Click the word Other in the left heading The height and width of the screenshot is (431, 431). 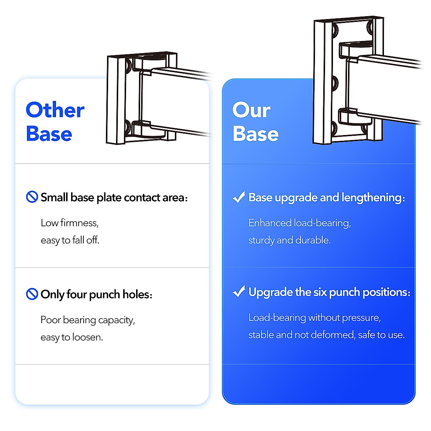pyautogui.click(x=55, y=110)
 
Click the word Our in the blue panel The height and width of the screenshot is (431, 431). pyautogui.click(x=251, y=110)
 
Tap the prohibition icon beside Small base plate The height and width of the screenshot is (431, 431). pyautogui.click(x=32, y=197)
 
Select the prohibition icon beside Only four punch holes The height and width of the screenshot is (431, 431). pyautogui.click(x=32, y=294)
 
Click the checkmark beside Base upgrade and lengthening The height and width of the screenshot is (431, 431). pyautogui.click(x=239, y=197)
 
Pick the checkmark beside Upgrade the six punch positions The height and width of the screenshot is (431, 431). pyautogui.click(x=239, y=292)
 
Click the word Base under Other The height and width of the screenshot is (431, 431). pyautogui.click(x=49, y=134)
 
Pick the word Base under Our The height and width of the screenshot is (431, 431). pyautogui.click(x=255, y=134)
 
